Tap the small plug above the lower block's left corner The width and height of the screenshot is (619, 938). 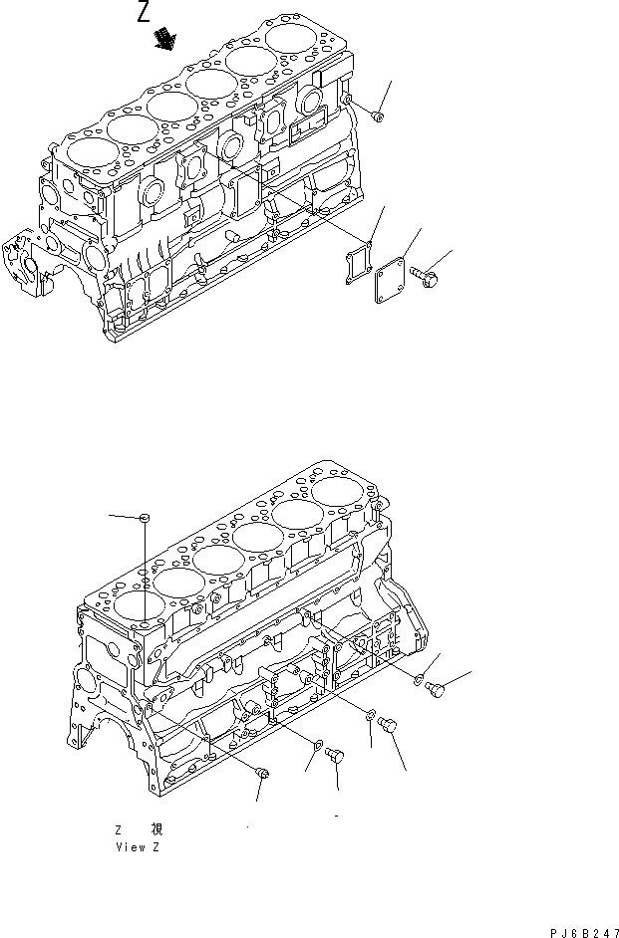point(145,517)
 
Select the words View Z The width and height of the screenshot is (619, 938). point(138,847)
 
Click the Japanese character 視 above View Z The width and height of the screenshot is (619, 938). point(156,828)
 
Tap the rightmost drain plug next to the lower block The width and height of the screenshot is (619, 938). point(436,689)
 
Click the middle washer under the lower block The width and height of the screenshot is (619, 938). point(370,713)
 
